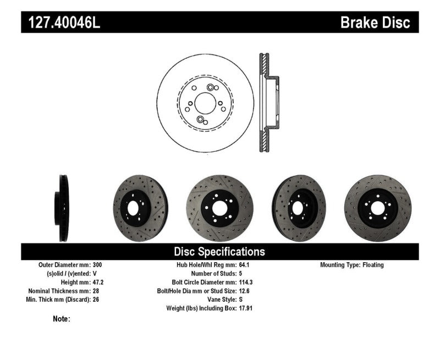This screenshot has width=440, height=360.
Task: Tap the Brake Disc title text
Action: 375,23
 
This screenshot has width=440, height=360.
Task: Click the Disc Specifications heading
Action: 219,252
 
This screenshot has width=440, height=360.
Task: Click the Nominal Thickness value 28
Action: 96,291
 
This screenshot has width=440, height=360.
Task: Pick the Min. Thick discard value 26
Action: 96,300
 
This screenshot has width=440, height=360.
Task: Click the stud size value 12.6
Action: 244,291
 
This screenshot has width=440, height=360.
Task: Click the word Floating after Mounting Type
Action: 373,265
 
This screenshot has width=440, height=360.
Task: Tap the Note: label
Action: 62,319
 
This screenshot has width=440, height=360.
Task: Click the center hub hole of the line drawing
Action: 205,103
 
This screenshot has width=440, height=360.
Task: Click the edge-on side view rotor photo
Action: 63,208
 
